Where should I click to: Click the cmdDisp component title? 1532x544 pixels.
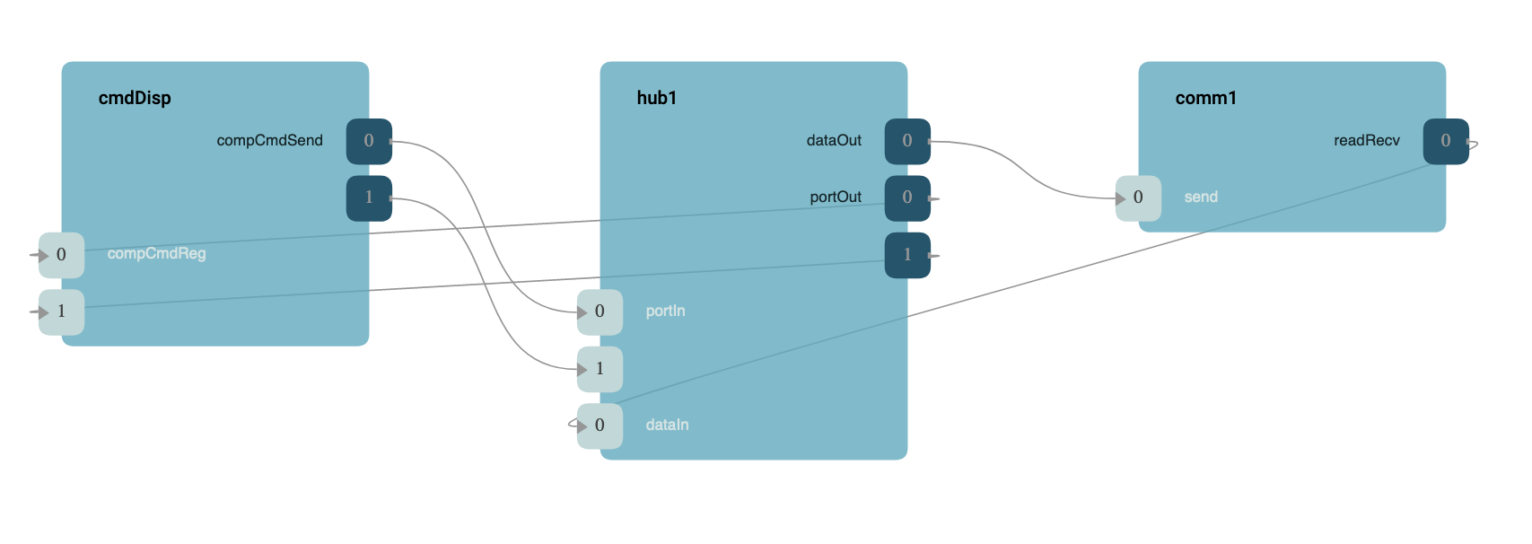pyautogui.click(x=135, y=98)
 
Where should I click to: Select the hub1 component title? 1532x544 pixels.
pyautogui.click(x=657, y=98)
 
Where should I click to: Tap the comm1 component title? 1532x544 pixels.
pyautogui.click(x=1205, y=98)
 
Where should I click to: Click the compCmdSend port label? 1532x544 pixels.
pyautogui.click(x=269, y=140)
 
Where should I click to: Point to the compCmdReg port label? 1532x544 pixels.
pyautogui.click(x=156, y=254)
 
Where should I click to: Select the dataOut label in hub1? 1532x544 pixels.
pyautogui.click(x=834, y=140)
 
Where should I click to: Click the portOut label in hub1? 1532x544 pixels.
pyautogui.click(x=836, y=197)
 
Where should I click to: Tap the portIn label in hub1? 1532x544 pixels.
pyautogui.click(x=665, y=311)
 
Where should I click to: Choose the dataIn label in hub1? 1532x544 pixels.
pyautogui.click(x=667, y=425)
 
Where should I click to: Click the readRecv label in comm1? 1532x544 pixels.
pyautogui.click(x=1366, y=140)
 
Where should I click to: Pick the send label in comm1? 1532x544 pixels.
pyautogui.click(x=1201, y=197)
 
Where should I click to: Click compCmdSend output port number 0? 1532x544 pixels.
pyautogui.click(x=369, y=141)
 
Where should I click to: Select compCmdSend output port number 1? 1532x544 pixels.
pyautogui.click(x=369, y=197)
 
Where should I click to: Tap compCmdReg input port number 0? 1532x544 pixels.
pyautogui.click(x=61, y=255)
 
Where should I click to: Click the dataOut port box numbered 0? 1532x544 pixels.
pyautogui.click(x=907, y=141)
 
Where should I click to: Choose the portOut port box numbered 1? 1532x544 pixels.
pyautogui.click(x=907, y=255)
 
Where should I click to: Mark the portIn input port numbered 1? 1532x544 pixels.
pyautogui.click(x=600, y=369)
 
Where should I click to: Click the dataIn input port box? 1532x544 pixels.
pyautogui.click(x=600, y=426)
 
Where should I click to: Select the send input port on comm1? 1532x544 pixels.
pyautogui.click(x=1138, y=197)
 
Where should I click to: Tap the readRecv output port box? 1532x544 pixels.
pyautogui.click(x=1446, y=141)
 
